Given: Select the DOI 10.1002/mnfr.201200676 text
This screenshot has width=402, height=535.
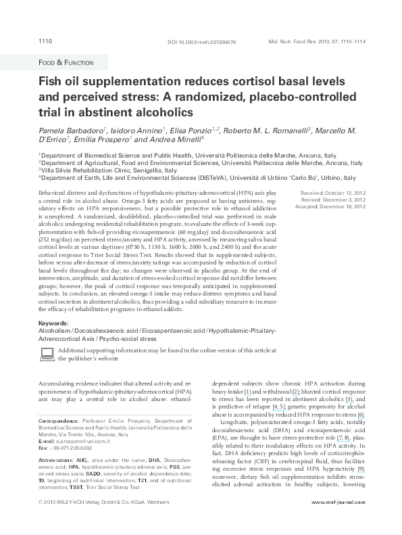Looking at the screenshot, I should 201,43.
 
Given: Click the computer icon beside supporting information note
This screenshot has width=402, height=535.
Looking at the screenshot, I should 47,350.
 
